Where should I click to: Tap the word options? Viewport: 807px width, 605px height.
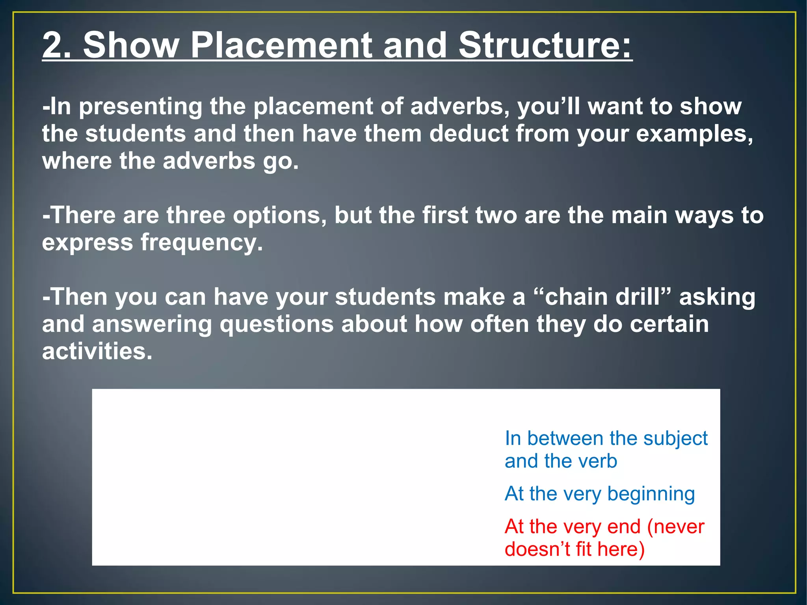279,216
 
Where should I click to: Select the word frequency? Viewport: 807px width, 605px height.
201,243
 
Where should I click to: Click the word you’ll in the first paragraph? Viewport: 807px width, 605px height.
549,107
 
